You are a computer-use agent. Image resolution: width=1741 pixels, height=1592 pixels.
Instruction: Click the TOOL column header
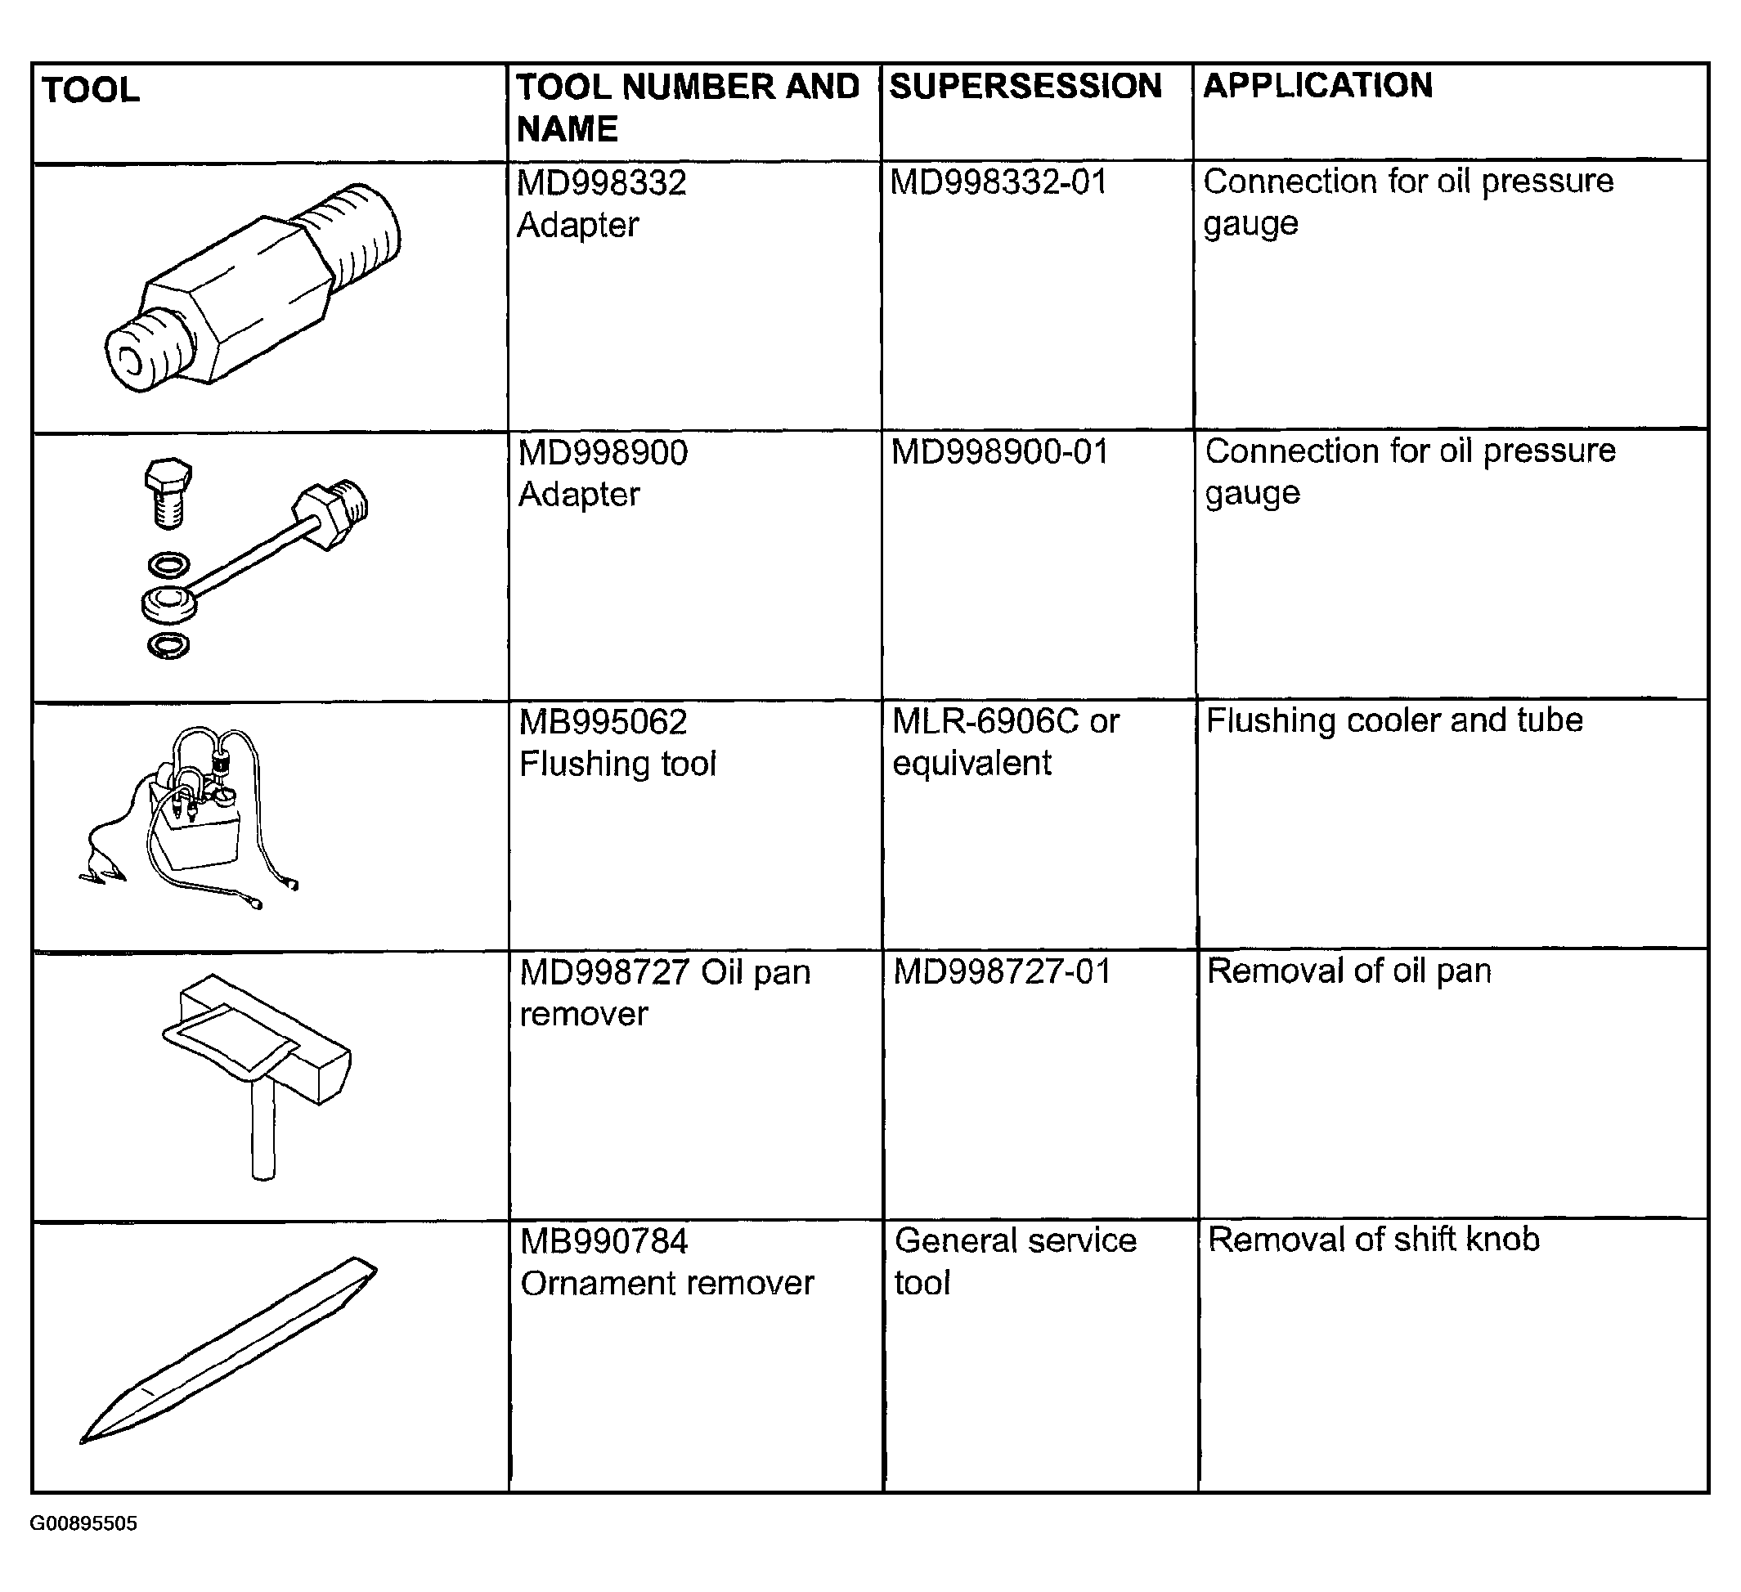coord(91,90)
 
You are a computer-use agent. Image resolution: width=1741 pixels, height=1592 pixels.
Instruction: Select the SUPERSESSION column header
coord(1025,87)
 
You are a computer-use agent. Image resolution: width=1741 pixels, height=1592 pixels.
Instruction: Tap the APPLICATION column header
coord(1318,86)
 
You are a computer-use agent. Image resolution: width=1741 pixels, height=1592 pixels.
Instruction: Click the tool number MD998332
coord(602,183)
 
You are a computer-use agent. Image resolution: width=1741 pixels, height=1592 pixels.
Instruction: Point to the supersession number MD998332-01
coord(998,182)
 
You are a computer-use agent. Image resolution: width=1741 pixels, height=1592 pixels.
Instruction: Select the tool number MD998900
coord(603,453)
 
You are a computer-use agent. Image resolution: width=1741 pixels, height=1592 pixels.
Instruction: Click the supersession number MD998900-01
coord(1000,452)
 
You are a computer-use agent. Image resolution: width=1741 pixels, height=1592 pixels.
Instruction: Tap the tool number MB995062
coord(603,723)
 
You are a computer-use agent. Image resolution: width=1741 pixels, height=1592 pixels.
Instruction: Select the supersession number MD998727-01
coord(1003,972)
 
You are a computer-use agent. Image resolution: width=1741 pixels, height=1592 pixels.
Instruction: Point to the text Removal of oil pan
coord(1349,971)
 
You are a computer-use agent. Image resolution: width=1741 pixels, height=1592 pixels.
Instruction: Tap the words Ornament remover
coord(666,1284)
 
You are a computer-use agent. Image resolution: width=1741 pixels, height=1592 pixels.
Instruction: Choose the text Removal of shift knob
coord(1374,1240)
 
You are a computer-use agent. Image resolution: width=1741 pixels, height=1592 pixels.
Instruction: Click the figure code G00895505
coord(83,1548)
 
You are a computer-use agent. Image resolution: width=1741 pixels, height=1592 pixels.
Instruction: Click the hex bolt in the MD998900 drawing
coord(168,492)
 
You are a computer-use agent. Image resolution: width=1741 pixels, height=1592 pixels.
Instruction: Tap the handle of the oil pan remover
coord(262,1127)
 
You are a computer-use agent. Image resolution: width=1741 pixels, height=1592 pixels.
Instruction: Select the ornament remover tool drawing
coord(229,1349)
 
